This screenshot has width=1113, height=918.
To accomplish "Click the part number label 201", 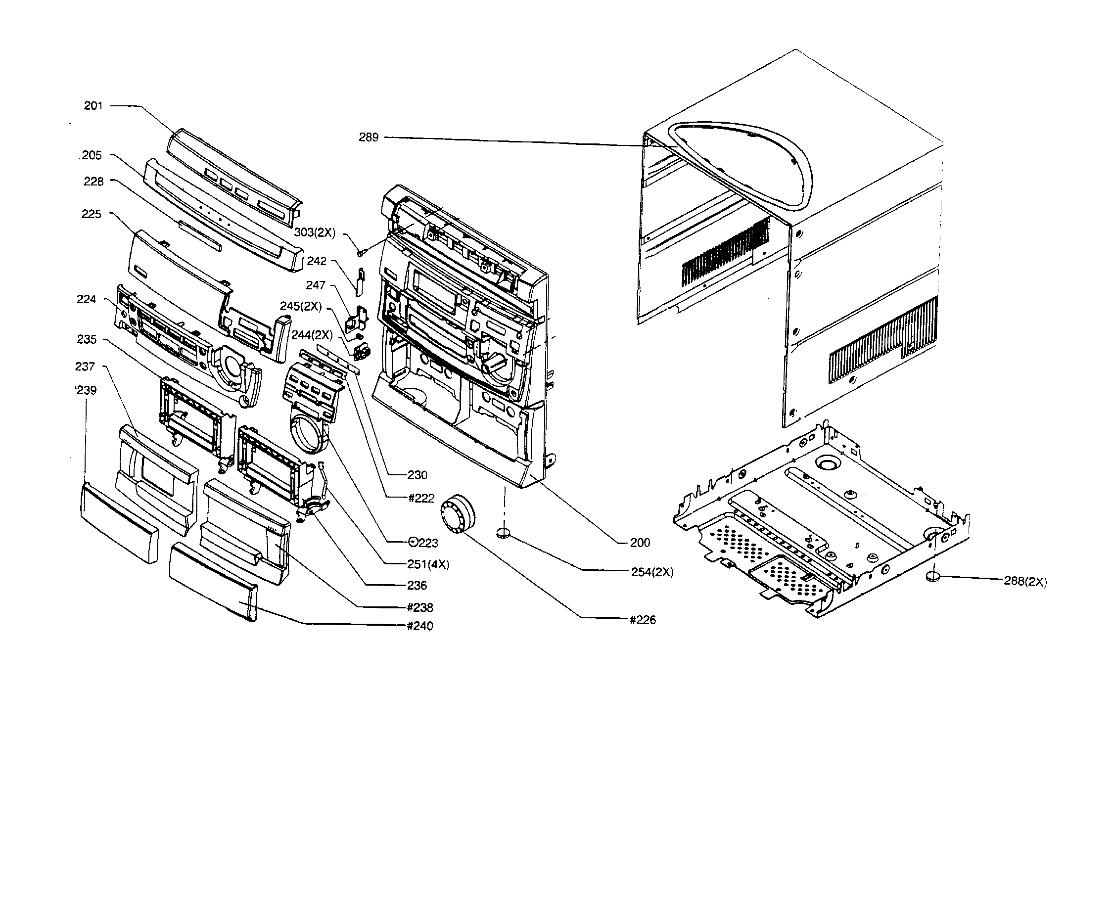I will pyautogui.click(x=93, y=106).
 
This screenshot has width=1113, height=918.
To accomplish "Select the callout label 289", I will pyautogui.click(x=369, y=138).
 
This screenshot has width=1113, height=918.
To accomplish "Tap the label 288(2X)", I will pyautogui.click(x=1024, y=582).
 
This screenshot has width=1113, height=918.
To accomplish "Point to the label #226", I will pyautogui.click(x=643, y=620).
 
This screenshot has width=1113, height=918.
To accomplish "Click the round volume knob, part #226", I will pyautogui.click(x=458, y=513).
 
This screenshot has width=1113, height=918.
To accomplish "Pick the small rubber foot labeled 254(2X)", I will pyautogui.click(x=504, y=533).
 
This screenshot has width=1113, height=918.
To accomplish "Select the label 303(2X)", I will pyautogui.click(x=315, y=232).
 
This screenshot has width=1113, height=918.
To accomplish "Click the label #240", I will pyautogui.click(x=420, y=626).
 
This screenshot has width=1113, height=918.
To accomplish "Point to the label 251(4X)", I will pyautogui.click(x=428, y=565).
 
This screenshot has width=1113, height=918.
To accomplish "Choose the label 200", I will pyautogui.click(x=640, y=543).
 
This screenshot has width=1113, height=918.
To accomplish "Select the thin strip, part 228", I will pyautogui.click(x=200, y=236).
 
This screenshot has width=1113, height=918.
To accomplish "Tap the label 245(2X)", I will pyautogui.click(x=301, y=306).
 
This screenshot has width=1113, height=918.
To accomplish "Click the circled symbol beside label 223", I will pyautogui.click(x=414, y=543).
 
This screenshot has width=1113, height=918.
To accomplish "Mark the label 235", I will pyautogui.click(x=87, y=339).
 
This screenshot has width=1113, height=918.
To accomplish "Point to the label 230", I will pyautogui.click(x=417, y=475).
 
